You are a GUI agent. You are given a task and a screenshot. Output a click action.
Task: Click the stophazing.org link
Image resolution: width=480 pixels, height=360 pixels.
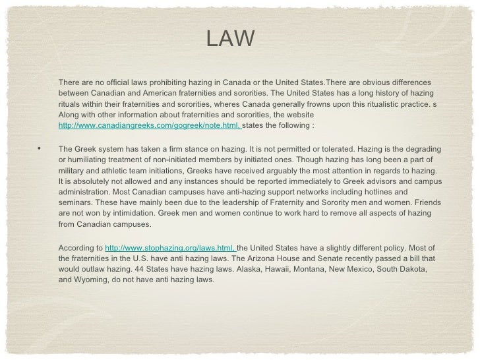pyautogui.click(x=170, y=247)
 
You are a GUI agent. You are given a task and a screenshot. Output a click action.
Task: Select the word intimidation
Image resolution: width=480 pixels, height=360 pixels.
pyautogui.click(x=158, y=214)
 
